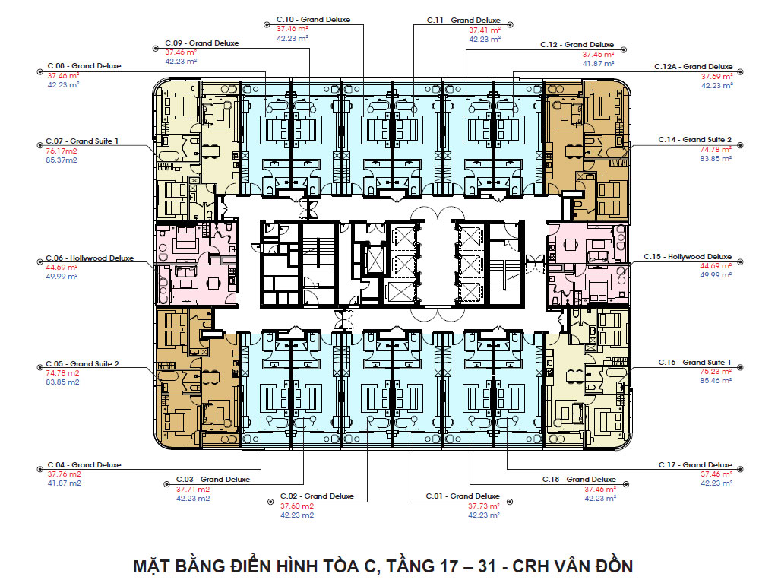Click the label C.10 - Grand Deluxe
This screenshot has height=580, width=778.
coord(313,20)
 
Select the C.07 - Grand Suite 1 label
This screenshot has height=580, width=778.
coord(82,141)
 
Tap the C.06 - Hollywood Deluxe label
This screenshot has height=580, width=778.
coord(90,258)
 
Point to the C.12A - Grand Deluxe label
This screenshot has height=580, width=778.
coord(693,67)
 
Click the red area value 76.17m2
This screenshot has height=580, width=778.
coord(62,151)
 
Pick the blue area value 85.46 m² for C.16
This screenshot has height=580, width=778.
coord(716,381)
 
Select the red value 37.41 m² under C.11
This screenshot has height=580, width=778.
coord(485,30)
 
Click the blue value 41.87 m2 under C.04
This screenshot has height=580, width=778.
coord(64,483)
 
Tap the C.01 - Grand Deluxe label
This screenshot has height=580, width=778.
coord(463,496)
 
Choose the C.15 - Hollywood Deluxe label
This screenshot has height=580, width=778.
coord(688,257)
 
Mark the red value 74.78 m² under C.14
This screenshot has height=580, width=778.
coord(716,150)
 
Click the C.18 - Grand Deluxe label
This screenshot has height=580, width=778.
coord(579,479)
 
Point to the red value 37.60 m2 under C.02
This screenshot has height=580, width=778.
coord(297,506)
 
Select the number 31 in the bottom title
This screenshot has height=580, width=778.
coord(487,566)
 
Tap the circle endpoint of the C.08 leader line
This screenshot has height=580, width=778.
coord(40,72)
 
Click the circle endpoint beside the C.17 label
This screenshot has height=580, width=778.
coord(740,469)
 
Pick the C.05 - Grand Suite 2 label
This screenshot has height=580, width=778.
coord(82,364)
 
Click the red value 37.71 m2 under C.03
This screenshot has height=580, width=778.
coord(193,489)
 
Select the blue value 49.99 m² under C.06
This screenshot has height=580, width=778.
coord(62,277)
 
